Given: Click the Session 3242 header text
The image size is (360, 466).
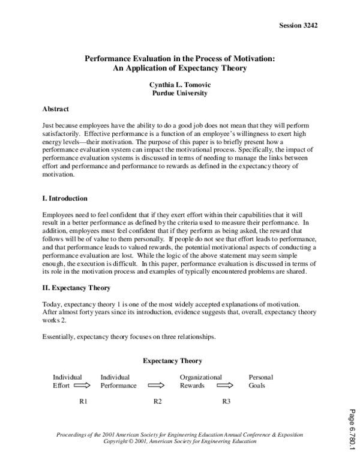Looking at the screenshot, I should click(298, 26).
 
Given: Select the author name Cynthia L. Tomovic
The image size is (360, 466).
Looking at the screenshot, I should click(181, 85).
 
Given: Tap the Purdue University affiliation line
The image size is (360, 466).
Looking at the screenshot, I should click(181, 94).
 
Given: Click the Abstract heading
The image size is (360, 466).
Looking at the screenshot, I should click(56, 109).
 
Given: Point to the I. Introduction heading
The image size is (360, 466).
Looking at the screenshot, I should click(65, 198).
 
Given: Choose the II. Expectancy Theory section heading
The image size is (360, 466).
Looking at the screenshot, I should click(76, 288).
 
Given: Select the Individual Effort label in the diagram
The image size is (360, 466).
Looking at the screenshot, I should click(67, 381).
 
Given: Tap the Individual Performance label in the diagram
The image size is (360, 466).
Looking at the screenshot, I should click(118, 381).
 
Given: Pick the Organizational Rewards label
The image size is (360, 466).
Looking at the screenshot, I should click(200, 381).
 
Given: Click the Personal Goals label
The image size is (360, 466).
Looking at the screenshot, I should click(260, 381).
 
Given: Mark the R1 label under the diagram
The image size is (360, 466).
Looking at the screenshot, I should click(84, 401).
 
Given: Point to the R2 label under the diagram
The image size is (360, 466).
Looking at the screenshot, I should click(157, 401).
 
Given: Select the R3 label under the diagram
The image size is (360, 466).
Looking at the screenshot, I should click(227, 401).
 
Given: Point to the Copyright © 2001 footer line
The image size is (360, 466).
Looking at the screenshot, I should click(180, 441).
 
